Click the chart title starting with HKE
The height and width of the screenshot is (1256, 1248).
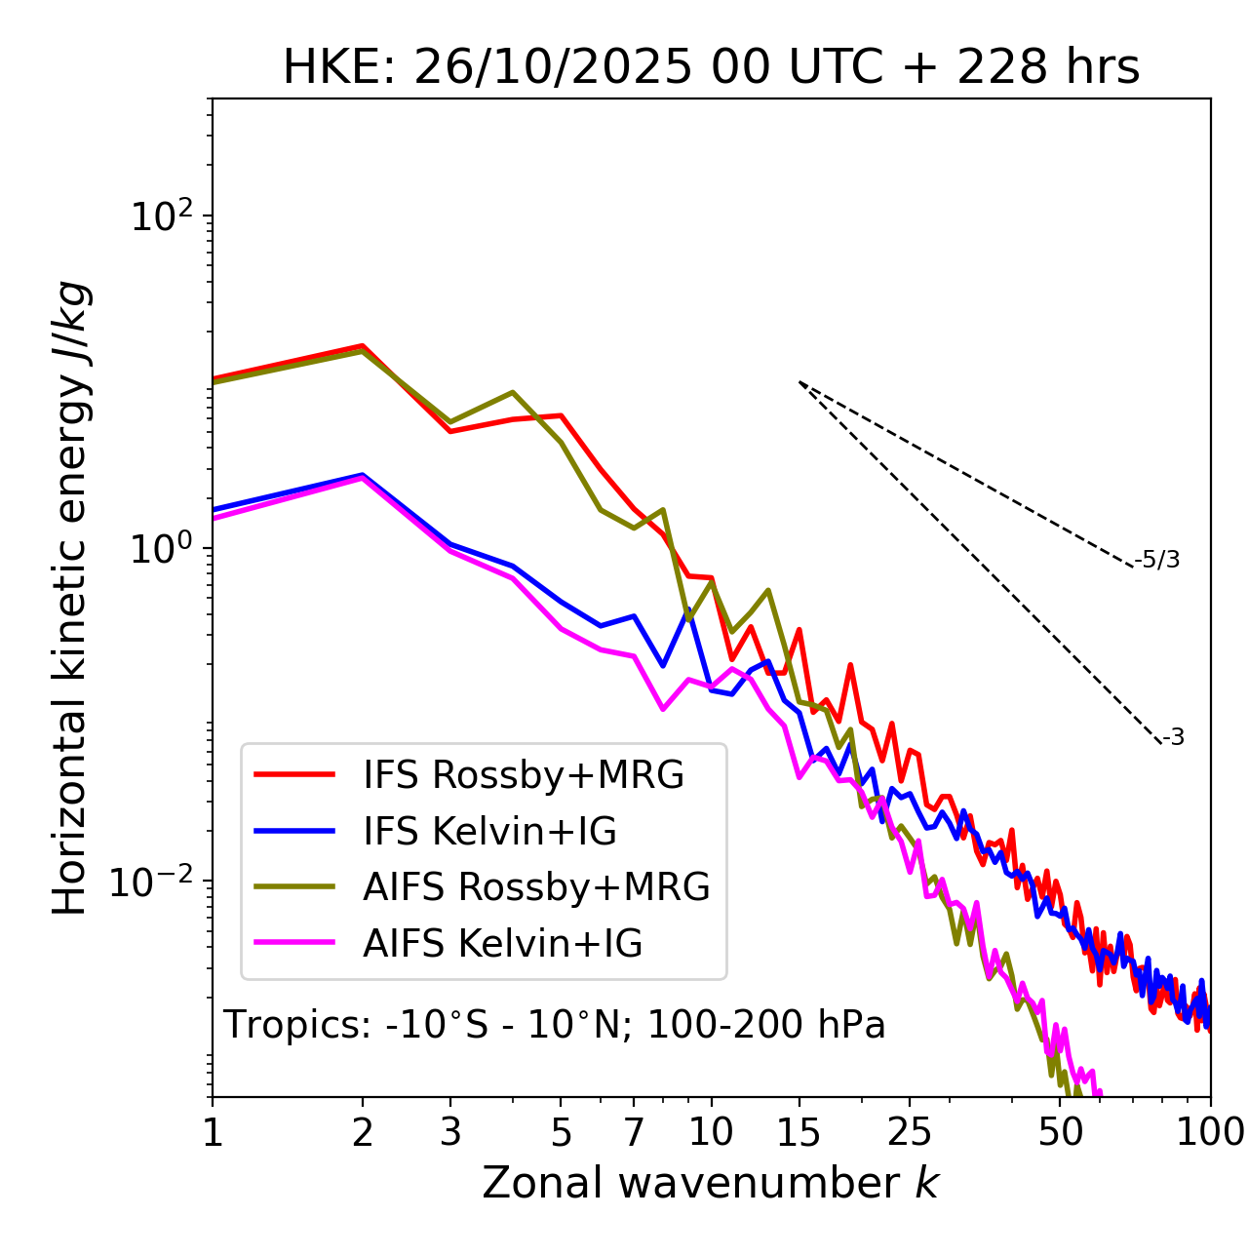click(711, 68)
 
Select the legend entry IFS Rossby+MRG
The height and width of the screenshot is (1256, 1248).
click(523, 775)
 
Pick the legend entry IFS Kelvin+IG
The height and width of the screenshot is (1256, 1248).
click(489, 831)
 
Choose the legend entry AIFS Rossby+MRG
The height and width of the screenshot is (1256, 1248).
click(536, 887)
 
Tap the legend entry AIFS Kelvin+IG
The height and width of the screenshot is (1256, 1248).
click(502, 944)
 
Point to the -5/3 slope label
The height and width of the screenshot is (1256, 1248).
click(1157, 560)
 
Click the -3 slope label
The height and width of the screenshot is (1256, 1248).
click(1173, 738)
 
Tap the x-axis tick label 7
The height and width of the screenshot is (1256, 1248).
click(634, 1132)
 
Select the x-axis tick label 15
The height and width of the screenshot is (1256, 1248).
click(799, 1132)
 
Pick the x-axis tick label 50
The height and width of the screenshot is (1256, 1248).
click(1061, 1132)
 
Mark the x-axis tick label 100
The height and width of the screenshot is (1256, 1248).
click(1210, 1132)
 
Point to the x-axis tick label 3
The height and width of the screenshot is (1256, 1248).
click(450, 1132)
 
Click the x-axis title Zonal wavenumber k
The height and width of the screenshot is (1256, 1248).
click(711, 1183)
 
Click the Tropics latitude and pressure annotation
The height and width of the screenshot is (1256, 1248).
click(554, 1025)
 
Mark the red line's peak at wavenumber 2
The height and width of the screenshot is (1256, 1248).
click(363, 345)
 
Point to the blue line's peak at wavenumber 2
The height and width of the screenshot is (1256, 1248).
click(363, 475)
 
